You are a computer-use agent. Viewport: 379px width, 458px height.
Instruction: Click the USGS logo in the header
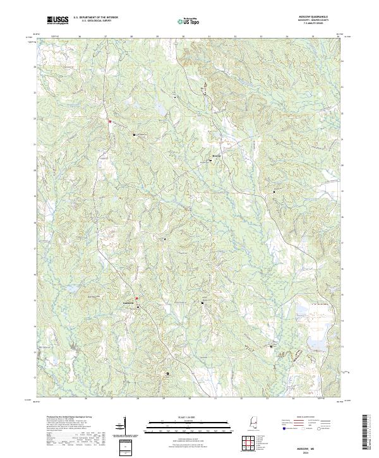click(57, 21)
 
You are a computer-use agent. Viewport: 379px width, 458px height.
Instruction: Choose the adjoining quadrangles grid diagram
click(251, 442)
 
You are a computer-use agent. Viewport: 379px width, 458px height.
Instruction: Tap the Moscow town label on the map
click(216, 155)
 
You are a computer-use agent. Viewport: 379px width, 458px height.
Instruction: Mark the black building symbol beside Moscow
click(211, 160)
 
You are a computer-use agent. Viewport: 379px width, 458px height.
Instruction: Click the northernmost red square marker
click(110, 121)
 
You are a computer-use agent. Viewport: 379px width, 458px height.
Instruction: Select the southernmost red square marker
click(137, 298)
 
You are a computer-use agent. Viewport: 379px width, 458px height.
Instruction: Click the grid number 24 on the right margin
click(342, 61)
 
